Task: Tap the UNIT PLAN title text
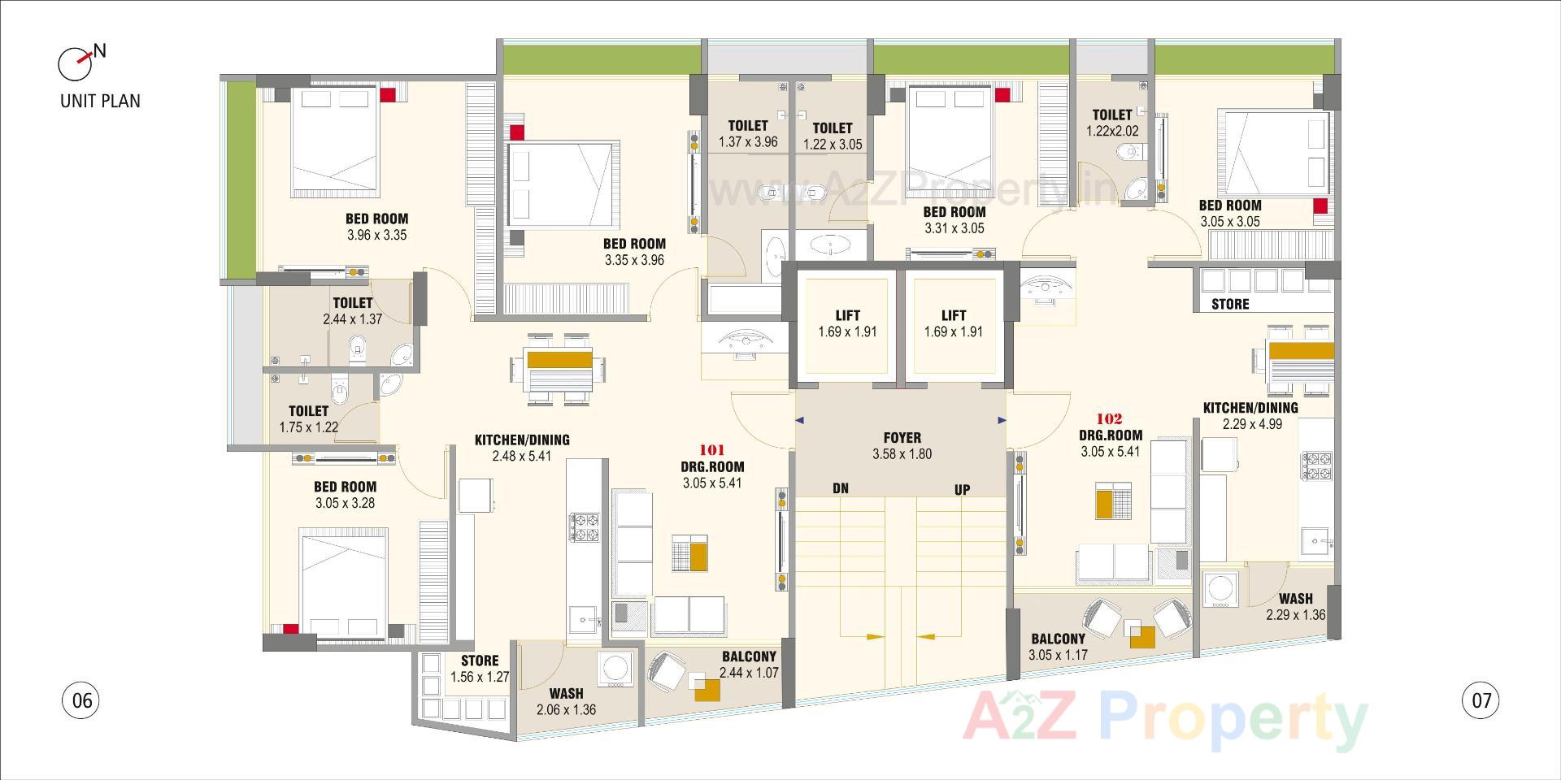pyautogui.click(x=100, y=102)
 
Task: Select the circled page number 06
pyautogui.click(x=81, y=700)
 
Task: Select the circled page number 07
pyautogui.click(x=1481, y=700)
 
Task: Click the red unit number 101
pyautogui.click(x=711, y=449)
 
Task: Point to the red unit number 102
pyautogui.click(x=1110, y=419)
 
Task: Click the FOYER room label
pyautogui.click(x=902, y=445)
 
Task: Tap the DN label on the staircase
pyautogui.click(x=841, y=488)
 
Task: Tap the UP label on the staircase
pyautogui.click(x=962, y=490)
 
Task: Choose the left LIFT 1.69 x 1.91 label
pyautogui.click(x=847, y=323)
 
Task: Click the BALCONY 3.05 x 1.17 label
pyautogui.click(x=1058, y=647)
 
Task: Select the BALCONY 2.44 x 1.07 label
pyautogui.click(x=749, y=665)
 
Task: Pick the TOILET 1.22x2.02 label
pyautogui.click(x=1112, y=123)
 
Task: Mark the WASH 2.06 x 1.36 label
pyautogui.click(x=566, y=701)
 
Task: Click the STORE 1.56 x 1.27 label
pyautogui.click(x=480, y=669)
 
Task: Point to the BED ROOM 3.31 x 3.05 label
pyautogui.click(x=954, y=220)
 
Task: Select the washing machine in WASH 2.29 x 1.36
pyautogui.click(x=1219, y=590)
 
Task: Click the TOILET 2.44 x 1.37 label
pyautogui.click(x=352, y=311)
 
